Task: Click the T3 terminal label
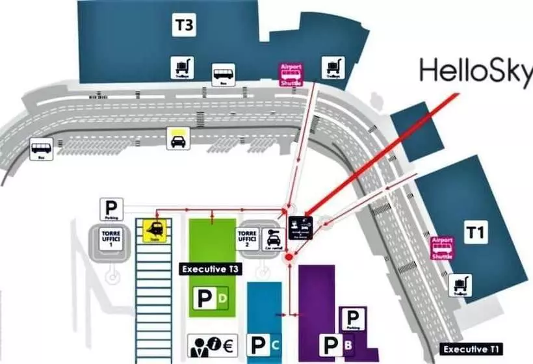(184, 26)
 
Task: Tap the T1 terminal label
(475, 232)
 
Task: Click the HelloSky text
(475, 71)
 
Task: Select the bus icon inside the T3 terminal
(224, 75)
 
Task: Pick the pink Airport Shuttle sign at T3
(291, 75)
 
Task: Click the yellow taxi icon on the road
(177, 138)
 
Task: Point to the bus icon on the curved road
(41, 149)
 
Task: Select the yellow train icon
(155, 230)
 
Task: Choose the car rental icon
(272, 239)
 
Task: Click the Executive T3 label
(209, 269)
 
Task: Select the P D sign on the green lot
(212, 298)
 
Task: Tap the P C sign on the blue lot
(266, 344)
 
